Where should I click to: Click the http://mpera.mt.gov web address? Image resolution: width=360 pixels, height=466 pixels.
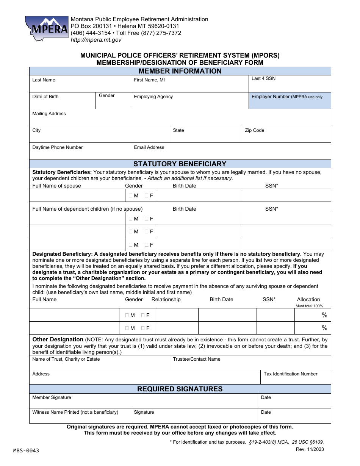click(96, 40)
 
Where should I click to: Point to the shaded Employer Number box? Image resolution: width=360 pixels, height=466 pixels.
click(290, 101)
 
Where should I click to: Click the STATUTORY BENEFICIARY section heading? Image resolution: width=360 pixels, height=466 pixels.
click(180, 164)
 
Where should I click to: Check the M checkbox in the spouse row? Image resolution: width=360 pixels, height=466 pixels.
click(131, 196)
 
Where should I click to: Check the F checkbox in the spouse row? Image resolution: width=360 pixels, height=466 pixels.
click(146, 196)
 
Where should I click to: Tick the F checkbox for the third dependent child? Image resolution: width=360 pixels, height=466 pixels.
click(146, 245)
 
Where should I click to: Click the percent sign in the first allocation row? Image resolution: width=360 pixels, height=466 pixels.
click(324, 315)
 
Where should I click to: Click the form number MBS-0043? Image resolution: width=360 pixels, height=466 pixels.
click(26, 450)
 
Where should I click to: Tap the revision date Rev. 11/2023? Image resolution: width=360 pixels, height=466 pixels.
click(310, 449)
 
